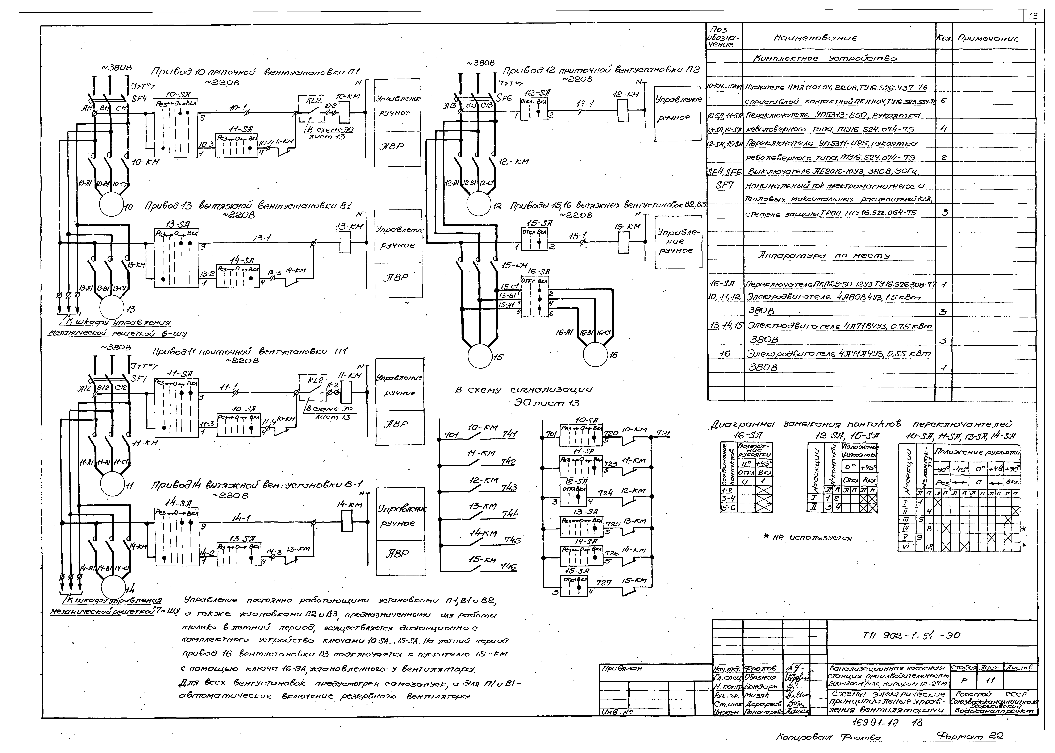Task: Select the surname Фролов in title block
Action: tap(759, 668)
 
